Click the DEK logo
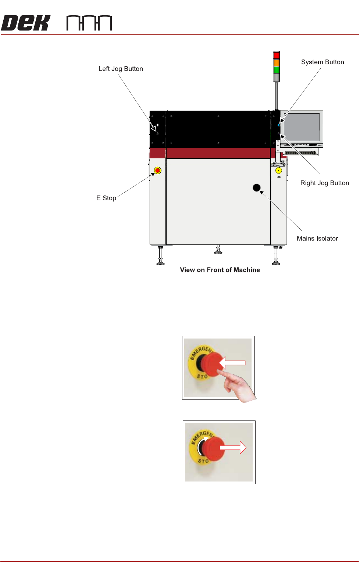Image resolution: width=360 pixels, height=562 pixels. pyautogui.click(x=26, y=23)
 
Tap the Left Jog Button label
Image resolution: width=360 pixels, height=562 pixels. pyautogui.click(x=121, y=69)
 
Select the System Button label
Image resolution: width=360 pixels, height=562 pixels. pyautogui.click(x=322, y=62)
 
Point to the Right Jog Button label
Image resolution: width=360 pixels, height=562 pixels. pyautogui.click(x=324, y=183)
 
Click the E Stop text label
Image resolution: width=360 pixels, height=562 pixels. pyautogui.click(x=106, y=198)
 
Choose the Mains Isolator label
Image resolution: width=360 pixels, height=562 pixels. pyautogui.click(x=317, y=239)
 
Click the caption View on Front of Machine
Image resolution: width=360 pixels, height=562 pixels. pyautogui.click(x=220, y=270)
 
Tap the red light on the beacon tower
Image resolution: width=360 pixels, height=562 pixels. pyautogui.click(x=277, y=56)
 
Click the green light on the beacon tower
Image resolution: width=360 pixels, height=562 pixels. pyautogui.click(x=277, y=70)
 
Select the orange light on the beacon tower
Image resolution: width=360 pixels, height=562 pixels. pyautogui.click(x=277, y=63)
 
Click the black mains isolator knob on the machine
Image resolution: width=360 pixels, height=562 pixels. pyautogui.click(x=257, y=188)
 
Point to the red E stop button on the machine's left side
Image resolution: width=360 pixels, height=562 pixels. pyautogui.click(x=158, y=171)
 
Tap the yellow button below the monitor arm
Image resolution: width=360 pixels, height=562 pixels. pyautogui.click(x=279, y=171)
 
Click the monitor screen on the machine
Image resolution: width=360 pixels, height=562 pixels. pyautogui.click(x=302, y=127)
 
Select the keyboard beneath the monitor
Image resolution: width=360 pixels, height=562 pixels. pyautogui.click(x=301, y=152)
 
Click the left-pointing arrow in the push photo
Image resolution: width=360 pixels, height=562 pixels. pyautogui.click(x=232, y=363)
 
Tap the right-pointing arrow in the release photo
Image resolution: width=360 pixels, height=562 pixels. pyautogui.click(x=233, y=447)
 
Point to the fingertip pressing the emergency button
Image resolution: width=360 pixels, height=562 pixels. pyautogui.click(x=220, y=373)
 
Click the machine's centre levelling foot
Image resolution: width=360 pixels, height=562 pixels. pyautogui.click(x=218, y=250)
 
